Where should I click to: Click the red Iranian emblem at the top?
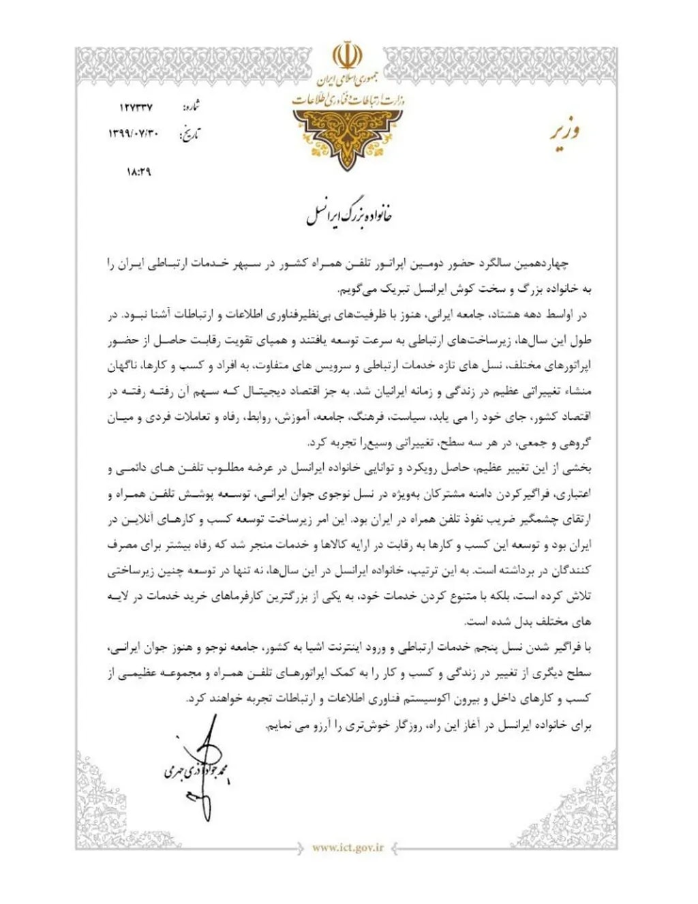[347, 57]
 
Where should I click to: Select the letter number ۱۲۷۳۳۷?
[136, 108]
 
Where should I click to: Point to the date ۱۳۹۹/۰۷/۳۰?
[134, 134]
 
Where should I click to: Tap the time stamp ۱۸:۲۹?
[138, 172]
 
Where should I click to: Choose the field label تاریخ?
[189, 134]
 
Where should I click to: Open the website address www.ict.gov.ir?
[348, 848]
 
